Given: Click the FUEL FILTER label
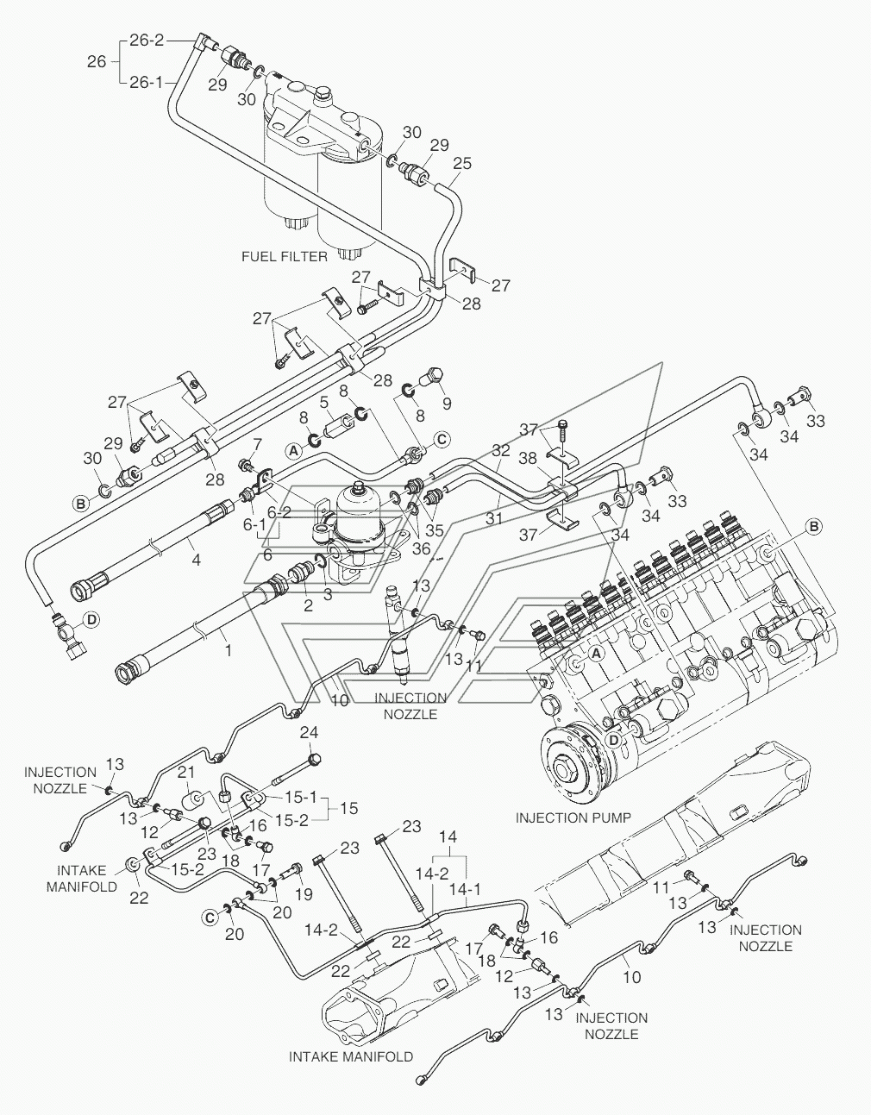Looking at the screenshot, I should (285, 256).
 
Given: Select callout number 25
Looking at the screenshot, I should (462, 163).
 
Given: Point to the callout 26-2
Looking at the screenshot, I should (147, 40).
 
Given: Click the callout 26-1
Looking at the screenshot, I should (147, 83).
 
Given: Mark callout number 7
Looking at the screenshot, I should (256, 443).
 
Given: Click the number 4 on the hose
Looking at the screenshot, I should (196, 560).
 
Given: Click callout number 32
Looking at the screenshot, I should (501, 450).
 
